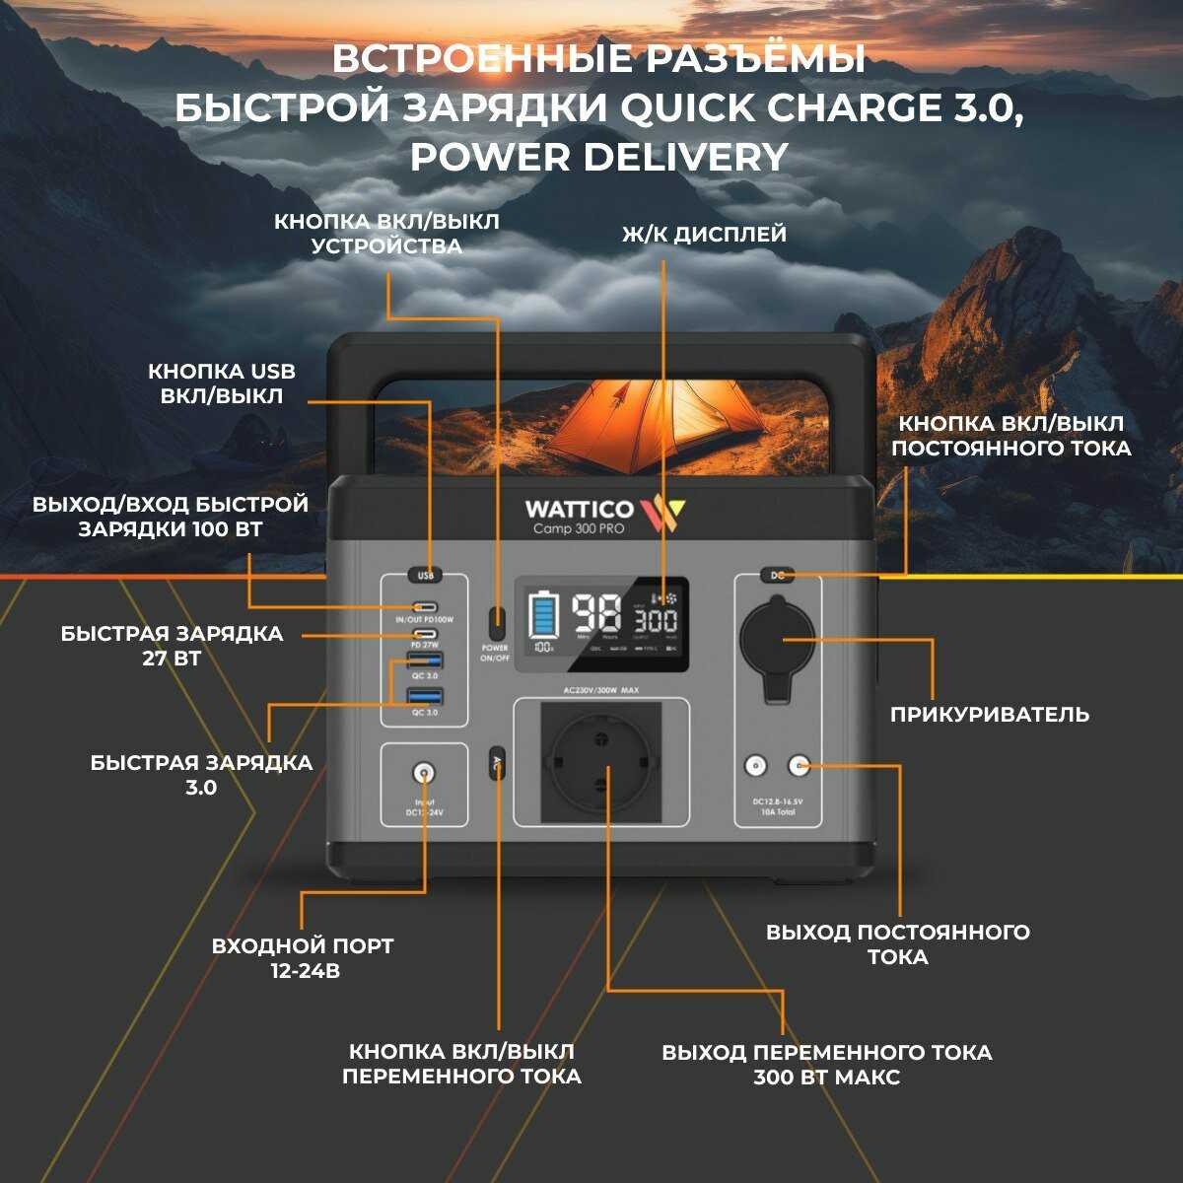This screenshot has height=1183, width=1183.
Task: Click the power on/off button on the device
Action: (499, 623)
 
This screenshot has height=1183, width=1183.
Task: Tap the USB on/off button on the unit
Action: (425, 575)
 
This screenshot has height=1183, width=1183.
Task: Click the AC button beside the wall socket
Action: (498, 762)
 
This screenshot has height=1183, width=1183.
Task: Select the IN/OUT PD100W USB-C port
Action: (425, 606)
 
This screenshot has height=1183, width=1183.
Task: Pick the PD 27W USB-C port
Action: (425, 634)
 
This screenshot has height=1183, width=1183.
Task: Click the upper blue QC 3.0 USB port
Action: (425, 661)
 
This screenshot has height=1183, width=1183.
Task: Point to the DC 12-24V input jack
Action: (425, 774)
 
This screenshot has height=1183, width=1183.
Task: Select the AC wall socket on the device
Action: (600, 762)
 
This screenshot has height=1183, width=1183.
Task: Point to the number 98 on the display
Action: (596, 615)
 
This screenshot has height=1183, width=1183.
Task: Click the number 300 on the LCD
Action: (655, 621)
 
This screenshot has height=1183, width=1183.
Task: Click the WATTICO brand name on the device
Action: (580, 509)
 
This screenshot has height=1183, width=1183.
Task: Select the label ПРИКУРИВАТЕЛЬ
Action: (989, 714)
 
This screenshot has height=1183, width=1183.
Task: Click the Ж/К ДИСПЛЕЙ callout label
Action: (704, 235)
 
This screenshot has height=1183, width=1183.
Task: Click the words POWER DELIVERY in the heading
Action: (599, 156)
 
